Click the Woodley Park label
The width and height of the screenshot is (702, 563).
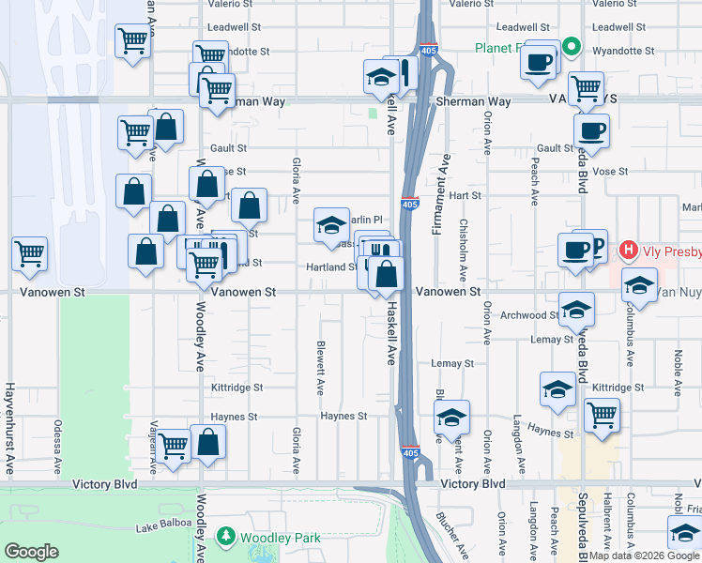[x=281, y=538]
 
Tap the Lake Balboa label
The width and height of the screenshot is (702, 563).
[x=160, y=527]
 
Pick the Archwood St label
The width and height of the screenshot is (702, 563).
[x=528, y=315]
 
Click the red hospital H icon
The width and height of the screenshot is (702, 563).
[x=628, y=251]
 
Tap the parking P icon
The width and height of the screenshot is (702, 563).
[x=595, y=243]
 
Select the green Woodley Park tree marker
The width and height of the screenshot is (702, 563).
[x=226, y=537]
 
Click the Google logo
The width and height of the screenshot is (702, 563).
[x=31, y=551]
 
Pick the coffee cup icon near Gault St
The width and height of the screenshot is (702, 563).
[x=591, y=130]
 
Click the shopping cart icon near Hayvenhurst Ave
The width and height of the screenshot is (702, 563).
[x=30, y=252]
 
